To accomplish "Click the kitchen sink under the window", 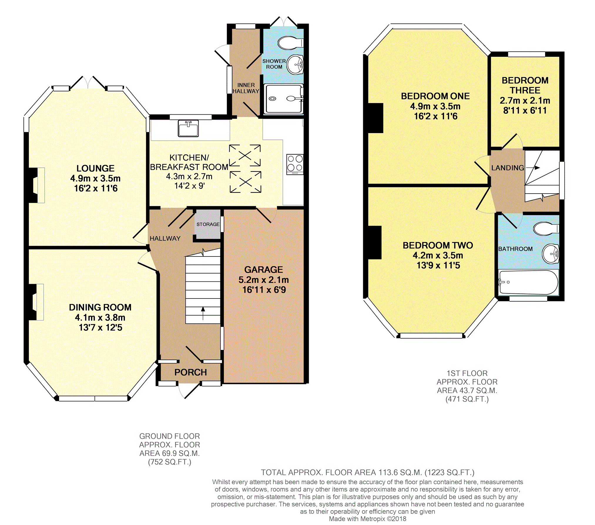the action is point(188,128).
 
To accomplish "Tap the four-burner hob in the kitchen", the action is point(295,164).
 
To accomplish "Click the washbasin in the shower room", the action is point(295,65).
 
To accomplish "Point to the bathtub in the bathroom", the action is point(528,282).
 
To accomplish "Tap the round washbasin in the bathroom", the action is point(551,254).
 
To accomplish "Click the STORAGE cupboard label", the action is point(208,224).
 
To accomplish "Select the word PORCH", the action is point(191,372).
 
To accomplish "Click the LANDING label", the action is point(508,168).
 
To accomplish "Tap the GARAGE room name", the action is point(264,269).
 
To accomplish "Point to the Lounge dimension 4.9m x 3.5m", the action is point(95,178).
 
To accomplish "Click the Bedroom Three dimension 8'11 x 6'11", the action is point(525,110).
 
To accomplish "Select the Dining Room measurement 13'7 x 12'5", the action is point(100,327).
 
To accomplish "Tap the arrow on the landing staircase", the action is point(533,168).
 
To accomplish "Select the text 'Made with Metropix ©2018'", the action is point(368,519).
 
